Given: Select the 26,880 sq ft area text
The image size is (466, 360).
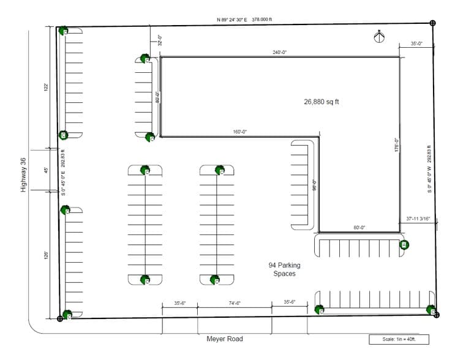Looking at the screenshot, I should [321, 102].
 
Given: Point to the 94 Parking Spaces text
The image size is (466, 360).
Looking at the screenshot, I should [284, 269].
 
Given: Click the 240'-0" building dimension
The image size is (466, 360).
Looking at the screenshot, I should [280, 53].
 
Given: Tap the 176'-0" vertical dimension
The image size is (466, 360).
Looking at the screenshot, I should [396, 148].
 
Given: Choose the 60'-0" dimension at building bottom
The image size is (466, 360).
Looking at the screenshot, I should [359, 228].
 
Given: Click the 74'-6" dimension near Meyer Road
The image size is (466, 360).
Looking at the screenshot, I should [235, 303].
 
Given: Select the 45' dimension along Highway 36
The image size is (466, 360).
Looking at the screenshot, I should [46, 171].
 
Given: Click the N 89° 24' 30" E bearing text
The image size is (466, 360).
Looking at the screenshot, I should [244, 19].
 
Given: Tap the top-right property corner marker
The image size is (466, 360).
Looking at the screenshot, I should [433, 23].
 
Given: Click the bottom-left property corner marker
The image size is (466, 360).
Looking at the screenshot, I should [59, 318].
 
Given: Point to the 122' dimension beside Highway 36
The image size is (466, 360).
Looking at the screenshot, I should [46, 88].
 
